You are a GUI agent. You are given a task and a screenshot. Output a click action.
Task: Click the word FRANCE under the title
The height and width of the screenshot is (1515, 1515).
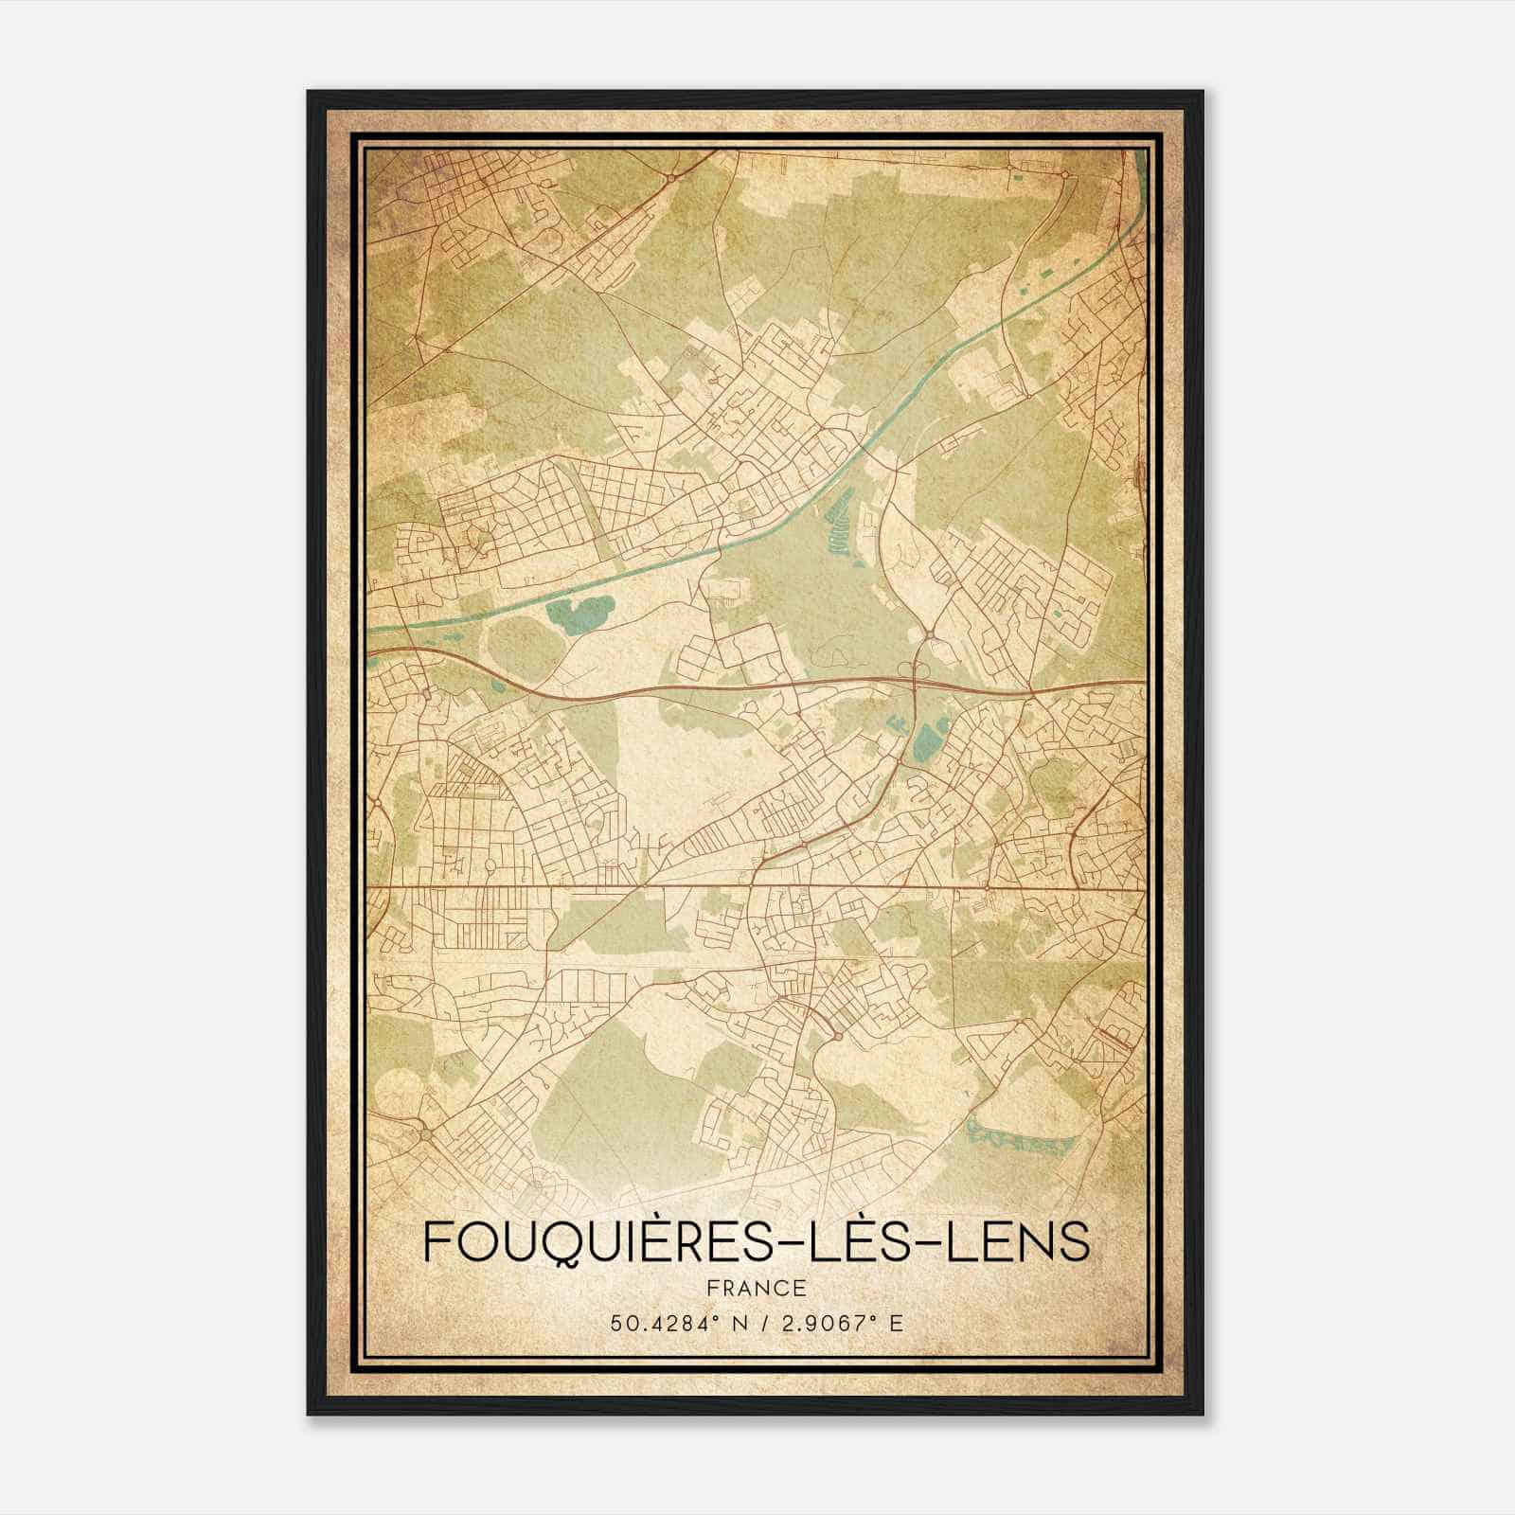pos(757,1287)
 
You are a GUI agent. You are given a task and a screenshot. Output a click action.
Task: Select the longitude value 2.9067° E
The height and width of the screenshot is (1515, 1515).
pos(840,1322)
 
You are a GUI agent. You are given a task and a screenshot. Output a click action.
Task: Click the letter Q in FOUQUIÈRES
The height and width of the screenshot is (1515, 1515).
pos(565,1241)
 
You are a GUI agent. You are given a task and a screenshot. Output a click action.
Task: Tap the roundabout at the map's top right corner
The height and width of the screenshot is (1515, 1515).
pos(1065,174)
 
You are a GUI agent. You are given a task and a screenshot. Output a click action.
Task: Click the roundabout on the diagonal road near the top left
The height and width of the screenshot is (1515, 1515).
pos(670,177)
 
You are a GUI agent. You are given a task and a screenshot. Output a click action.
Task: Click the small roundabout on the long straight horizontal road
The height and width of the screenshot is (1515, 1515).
pos(988,889)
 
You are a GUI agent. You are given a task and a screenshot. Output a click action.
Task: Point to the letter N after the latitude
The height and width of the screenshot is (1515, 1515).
pos(723,1322)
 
